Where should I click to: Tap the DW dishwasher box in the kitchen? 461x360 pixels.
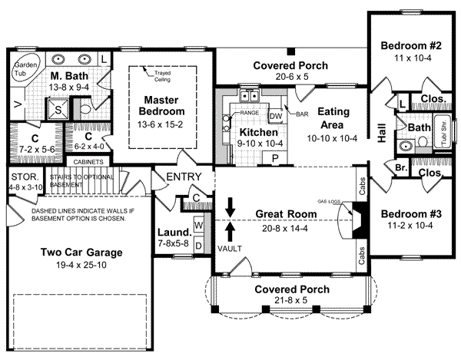tap(276, 115)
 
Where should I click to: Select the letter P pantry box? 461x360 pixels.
tap(274, 157)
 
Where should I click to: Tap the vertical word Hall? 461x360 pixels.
tap(382, 134)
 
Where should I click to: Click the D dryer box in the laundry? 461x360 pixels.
tap(197, 245)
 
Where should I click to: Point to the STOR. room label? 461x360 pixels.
tap(22, 177)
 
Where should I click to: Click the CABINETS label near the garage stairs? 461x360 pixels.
tap(91, 162)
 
